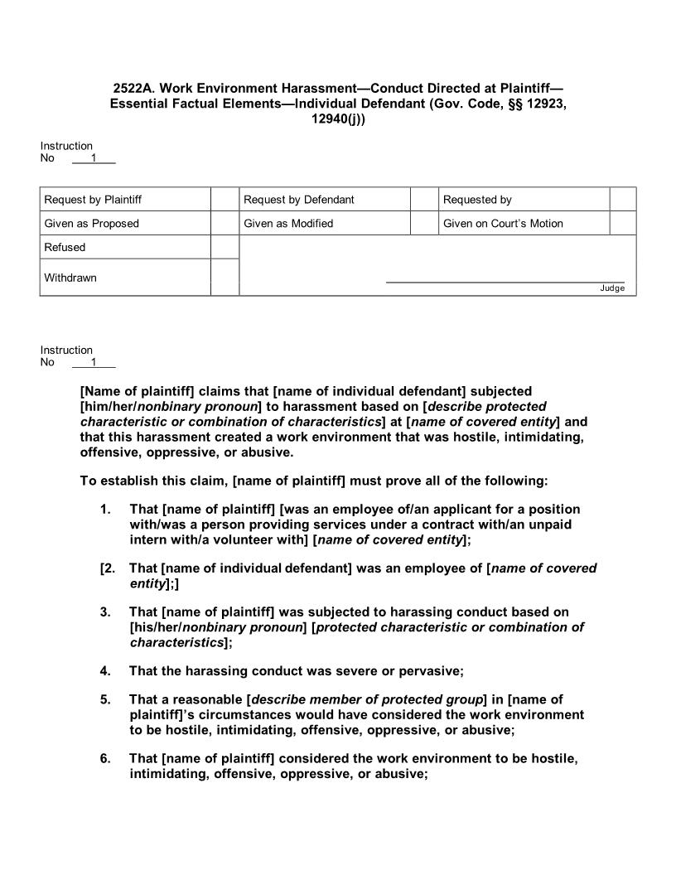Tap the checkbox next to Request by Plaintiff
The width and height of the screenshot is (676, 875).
tap(225, 200)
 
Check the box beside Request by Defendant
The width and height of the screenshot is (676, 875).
tap(424, 200)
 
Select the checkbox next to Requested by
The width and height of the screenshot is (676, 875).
tap(622, 200)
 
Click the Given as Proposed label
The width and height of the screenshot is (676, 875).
tap(92, 224)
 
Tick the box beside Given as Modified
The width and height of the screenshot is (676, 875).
tap(424, 224)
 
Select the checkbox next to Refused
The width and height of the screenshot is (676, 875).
tap(225, 247)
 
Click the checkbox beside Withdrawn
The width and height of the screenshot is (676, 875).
tap(225, 278)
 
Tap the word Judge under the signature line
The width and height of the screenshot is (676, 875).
tap(612, 288)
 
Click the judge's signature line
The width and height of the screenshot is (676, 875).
tap(505, 282)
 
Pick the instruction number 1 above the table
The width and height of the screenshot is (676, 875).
tap(94, 158)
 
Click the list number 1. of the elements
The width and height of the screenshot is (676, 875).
tap(105, 509)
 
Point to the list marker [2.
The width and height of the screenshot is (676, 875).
tap(107, 568)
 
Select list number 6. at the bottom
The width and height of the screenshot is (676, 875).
tap(105, 759)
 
